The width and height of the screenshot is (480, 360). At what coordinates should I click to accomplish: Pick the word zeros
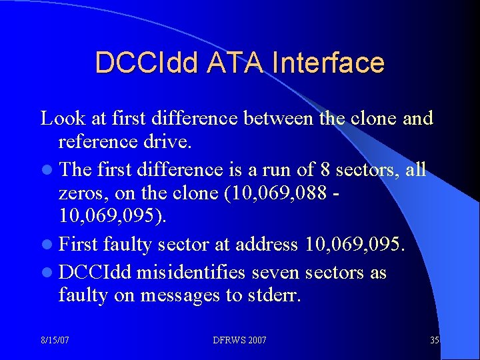(x=78, y=193)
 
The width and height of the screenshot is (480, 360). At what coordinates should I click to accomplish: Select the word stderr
(x=276, y=295)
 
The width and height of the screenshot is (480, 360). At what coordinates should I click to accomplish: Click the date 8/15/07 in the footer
(x=55, y=340)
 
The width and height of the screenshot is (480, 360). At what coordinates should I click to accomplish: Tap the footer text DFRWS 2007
(x=240, y=340)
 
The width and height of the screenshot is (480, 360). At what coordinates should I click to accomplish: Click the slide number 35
(x=435, y=340)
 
